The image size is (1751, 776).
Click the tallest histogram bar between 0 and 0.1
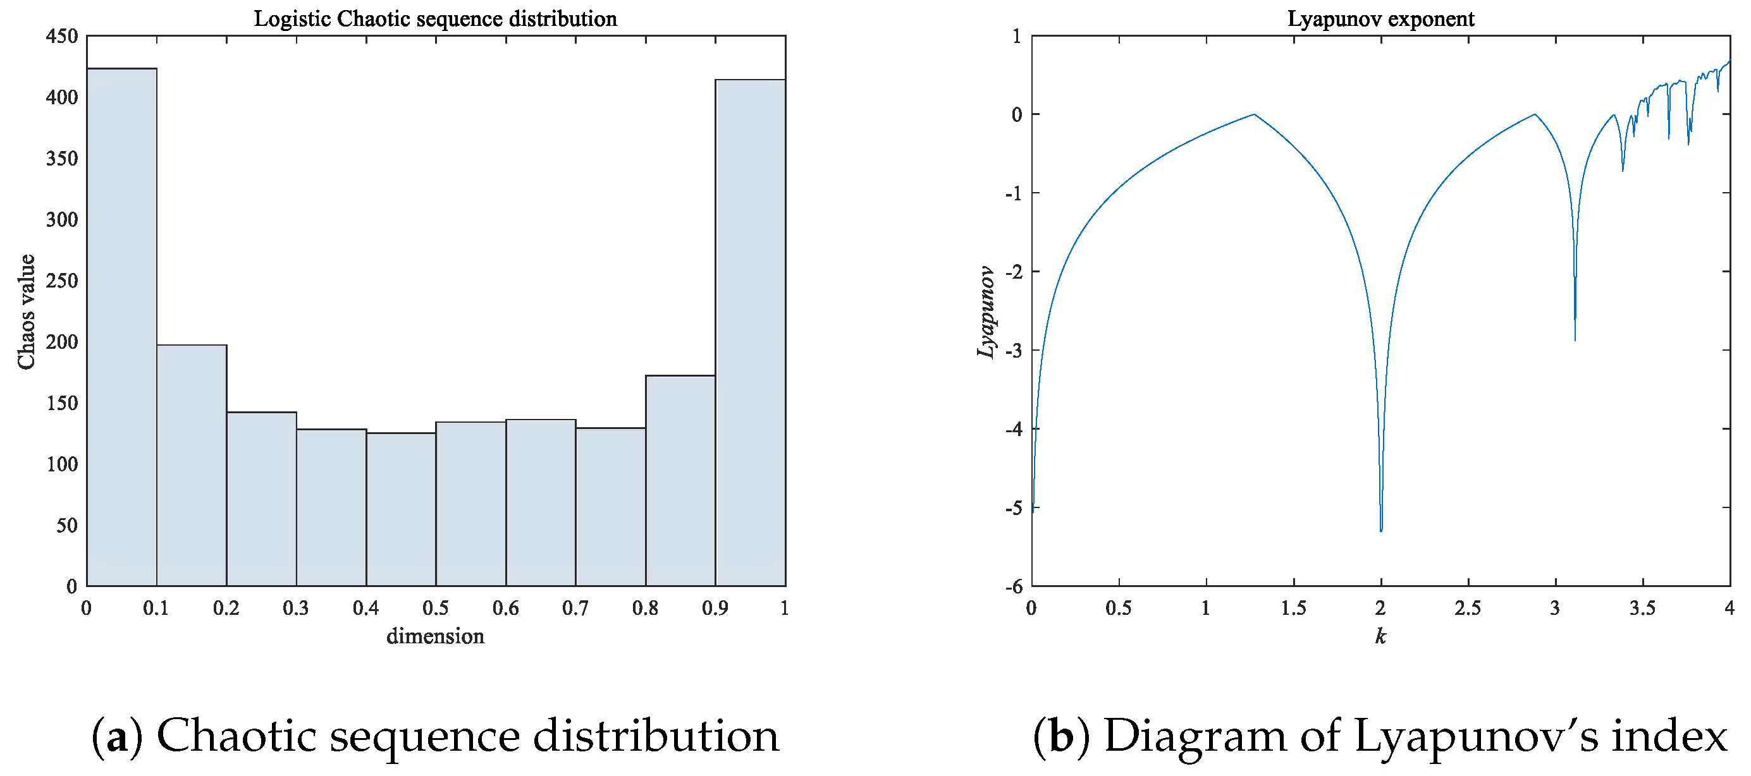121,326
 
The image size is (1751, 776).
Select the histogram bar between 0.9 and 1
751,333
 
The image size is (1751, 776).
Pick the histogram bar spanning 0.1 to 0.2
192,466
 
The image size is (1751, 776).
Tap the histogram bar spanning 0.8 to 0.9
680,480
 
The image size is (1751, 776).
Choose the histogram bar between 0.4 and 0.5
401,509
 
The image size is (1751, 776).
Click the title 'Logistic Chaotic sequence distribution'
436,18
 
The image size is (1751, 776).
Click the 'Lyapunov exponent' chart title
1380,18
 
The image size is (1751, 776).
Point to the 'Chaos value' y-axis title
27,312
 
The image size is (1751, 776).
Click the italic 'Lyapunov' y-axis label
986,312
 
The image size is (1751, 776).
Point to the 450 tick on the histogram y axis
62,36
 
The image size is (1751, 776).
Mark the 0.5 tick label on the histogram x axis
436,608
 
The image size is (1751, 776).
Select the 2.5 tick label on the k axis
1468,608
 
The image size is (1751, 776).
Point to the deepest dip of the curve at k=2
1381,530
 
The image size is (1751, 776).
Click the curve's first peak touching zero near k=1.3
1254,114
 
